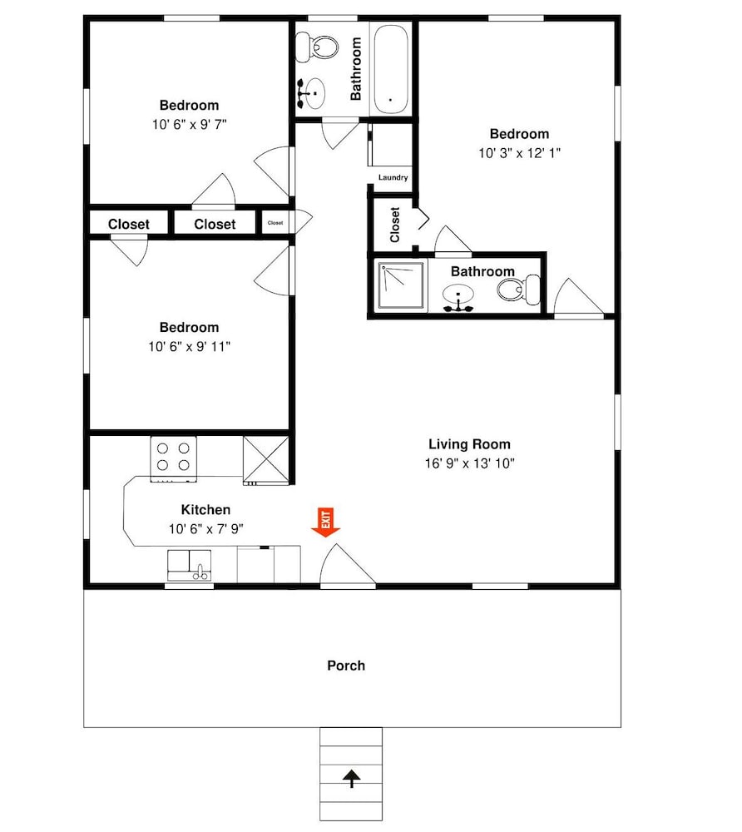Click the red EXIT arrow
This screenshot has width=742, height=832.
pyautogui.click(x=325, y=522)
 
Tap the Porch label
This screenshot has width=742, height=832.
pyautogui.click(x=346, y=666)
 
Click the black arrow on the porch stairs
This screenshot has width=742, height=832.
pyautogui.click(x=351, y=779)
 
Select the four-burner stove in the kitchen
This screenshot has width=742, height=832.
pyautogui.click(x=173, y=458)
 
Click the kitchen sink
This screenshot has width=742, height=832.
pyautogui.click(x=190, y=566)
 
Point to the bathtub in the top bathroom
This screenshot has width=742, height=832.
pyautogui.click(x=391, y=69)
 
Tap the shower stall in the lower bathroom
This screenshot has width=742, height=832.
pyautogui.click(x=401, y=285)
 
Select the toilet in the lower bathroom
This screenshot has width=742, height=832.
pyautogui.click(x=519, y=290)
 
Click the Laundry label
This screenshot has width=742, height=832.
pyautogui.click(x=393, y=177)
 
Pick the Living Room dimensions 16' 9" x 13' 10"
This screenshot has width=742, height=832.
pyautogui.click(x=469, y=463)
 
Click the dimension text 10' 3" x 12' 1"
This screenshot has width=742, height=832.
pyautogui.click(x=519, y=153)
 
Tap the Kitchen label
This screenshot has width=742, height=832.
pyautogui.click(x=205, y=509)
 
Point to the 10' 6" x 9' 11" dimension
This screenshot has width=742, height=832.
pyautogui.click(x=190, y=346)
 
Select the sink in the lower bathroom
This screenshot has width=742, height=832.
pyautogui.click(x=458, y=297)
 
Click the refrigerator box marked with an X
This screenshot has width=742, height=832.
pyautogui.click(x=266, y=460)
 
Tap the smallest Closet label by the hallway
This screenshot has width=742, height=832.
pyautogui.click(x=275, y=223)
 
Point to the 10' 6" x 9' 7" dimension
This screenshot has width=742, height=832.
pyautogui.click(x=190, y=124)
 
